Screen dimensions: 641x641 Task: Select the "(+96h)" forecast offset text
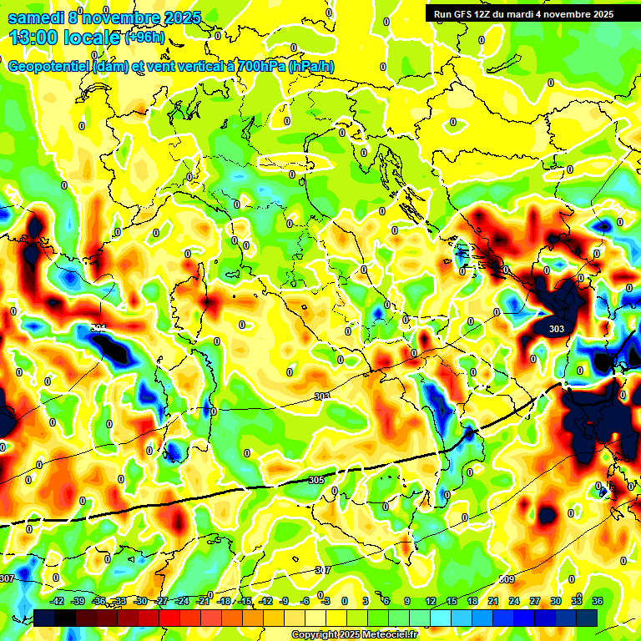(x=144, y=37)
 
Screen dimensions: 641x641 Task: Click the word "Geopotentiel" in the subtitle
(x=48, y=67)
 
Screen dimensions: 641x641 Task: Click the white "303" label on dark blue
(x=557, y=329)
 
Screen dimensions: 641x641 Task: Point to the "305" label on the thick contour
(x=315, y=480)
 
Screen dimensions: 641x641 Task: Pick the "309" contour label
(x=507, y=579)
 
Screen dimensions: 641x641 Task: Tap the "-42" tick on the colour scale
(x=58, y=601)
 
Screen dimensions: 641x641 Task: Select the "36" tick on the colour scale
(x=598, y=601)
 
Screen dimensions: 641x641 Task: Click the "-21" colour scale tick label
(x=203, y=601)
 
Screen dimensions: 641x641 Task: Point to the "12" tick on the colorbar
(x=431, y=601)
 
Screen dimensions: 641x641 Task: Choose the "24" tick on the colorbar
(x=514, y=601)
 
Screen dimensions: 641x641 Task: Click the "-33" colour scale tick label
(x=120, y=601)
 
